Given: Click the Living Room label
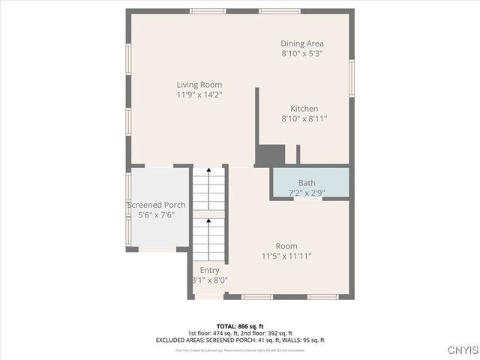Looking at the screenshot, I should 199,85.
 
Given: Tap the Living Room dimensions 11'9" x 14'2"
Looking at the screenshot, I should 199,95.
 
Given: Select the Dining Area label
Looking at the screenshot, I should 302,43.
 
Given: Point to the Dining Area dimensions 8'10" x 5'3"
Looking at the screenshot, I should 302,54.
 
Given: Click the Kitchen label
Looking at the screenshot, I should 304,109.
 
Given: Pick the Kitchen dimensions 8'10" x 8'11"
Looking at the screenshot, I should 304,118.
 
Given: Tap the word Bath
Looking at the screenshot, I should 307,183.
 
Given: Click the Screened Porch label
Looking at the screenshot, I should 156,205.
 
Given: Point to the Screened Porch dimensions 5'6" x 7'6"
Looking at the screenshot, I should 156,215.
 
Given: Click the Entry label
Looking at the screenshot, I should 209,270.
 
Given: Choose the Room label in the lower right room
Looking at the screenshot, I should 286,246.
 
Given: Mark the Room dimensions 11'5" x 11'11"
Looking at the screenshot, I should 286,256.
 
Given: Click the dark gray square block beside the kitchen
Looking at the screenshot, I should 270,155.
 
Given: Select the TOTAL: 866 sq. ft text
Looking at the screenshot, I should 240,326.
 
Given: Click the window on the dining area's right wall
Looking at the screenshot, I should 352,78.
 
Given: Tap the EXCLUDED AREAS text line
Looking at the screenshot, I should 240,340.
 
